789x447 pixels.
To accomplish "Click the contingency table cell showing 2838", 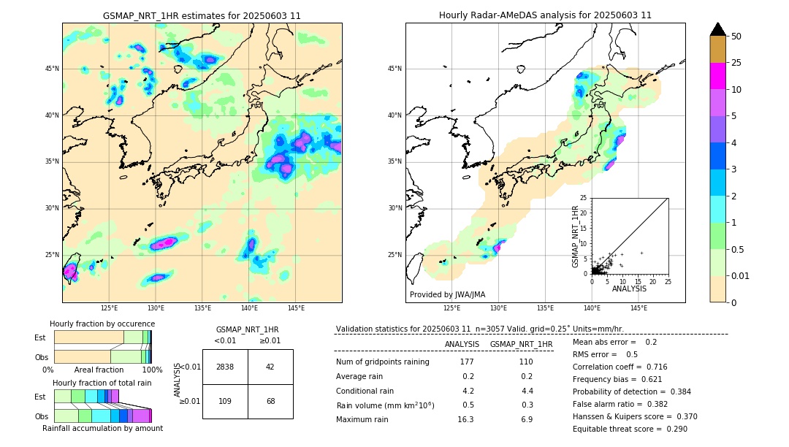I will click(x=225, y=367).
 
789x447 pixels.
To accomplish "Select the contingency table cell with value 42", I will click(x=270, y=367).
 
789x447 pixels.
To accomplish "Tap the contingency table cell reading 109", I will click(x=225, y=402).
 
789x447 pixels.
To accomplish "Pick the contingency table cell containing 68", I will click(x=270, y=402).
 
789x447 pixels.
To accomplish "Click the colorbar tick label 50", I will click(x=736, y=37).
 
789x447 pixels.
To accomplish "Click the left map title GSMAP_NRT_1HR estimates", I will click(x=202, y=15).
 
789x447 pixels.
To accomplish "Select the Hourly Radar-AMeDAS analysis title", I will click(x=545, y=15).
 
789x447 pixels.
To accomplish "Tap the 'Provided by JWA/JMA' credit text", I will click(x=447, y=294).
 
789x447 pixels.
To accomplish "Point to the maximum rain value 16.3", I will click(x=465, y=419).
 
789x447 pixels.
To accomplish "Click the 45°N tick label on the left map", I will click(x=52, y=69).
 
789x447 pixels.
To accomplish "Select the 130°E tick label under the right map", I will click(x=498, y=308).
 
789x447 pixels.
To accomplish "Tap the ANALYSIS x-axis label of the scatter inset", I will click(x=629, y=289).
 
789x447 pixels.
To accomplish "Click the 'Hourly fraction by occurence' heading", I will click(x=102, y=324).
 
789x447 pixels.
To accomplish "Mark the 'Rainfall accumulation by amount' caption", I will click(x=102, y=428).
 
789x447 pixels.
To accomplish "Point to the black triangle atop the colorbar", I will click(x=718, y=29).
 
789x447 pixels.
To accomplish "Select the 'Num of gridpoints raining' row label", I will click(x=382, y=362).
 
